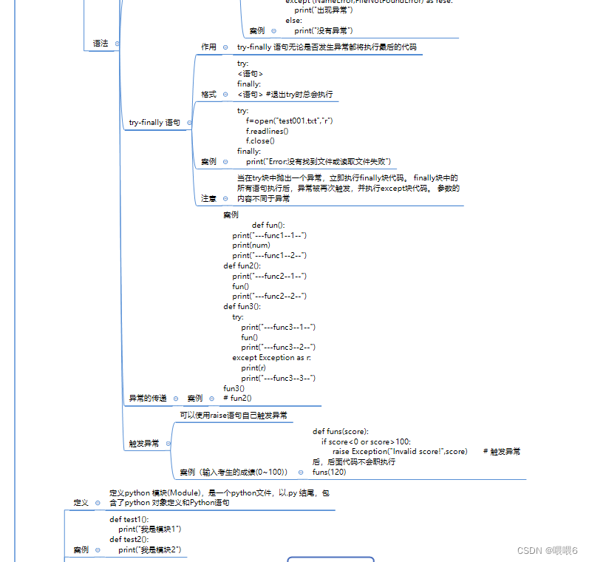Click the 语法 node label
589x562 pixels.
(x=101, y=44)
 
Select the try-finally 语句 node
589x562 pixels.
(x=154, y=122)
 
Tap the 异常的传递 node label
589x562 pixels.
(x=148, y=399)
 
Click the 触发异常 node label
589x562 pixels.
(x=143, y=444)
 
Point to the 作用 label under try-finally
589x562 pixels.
(x=209, y=47)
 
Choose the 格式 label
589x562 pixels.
(x=209, y=95)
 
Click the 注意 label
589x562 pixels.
(x=209, y=199)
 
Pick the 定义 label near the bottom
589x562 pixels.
(x=81, y=502)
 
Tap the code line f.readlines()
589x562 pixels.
(x=268, y=131)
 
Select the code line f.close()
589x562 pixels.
(x=260, y=140)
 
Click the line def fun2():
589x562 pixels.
(x=242, y=265)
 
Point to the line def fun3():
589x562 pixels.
(x=242, y=306)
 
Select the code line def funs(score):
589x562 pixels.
(x=341, y=431)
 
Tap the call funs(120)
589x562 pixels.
(x=329, y=472)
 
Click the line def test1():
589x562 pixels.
(x=129, y=519)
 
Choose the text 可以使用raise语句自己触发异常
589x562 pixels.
(x=234, y=416)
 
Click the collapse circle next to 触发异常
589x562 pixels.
(x=168, y=444)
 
